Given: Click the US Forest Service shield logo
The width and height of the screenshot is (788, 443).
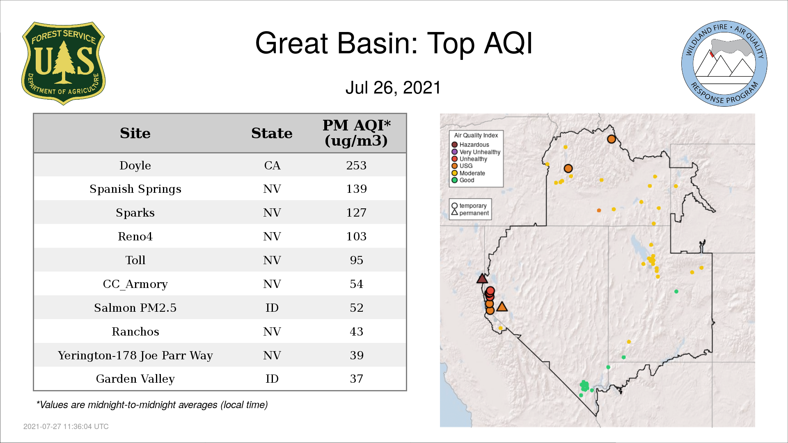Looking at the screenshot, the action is [x=63, y=64].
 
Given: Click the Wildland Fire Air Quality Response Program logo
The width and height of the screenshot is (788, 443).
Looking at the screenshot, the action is [x=724, y=64].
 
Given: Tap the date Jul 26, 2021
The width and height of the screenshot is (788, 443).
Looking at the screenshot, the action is [x=393, y=88].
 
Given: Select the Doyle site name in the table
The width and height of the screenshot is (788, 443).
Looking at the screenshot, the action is [x=135, y=165].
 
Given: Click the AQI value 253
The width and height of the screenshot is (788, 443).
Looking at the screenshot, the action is [x=356, y=165].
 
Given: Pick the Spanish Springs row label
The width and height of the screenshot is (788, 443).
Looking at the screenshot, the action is [x=135, y=189].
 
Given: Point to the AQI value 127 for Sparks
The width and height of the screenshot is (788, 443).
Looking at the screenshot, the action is [x=356, y=212].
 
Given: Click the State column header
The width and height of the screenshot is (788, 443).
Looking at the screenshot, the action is [x=272, y=133].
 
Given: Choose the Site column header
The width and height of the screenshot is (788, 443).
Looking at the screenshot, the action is [x=135, y=133].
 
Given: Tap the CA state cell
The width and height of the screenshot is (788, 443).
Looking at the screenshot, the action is [x=272, y=165].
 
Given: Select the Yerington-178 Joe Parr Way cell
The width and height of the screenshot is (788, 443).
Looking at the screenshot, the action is [x=135, y=355].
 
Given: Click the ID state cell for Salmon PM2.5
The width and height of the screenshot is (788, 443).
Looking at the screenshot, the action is [x=272, y=308].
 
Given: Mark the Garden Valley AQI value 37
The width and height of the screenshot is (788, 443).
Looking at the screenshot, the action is [x=356, y=379].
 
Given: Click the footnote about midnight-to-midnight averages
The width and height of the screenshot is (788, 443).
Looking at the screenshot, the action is [x=152, y=405].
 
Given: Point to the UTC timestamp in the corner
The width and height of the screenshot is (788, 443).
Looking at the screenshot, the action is [x=66, y=427].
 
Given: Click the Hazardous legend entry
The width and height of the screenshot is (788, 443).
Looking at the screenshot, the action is [x=470, y=145].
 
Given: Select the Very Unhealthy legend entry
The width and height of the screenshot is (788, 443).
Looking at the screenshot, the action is [x=476, y=152].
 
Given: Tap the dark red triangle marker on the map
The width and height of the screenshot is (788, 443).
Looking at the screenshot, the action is [x=482, y=279].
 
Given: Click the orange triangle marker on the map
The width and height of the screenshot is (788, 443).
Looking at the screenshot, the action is [x=502, y=306].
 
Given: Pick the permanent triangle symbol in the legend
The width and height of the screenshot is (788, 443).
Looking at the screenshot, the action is [x=454, y=212].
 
